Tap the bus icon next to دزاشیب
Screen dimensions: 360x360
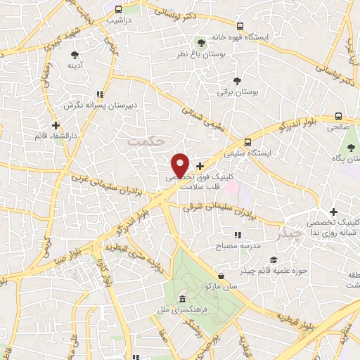click(x=118, y=10)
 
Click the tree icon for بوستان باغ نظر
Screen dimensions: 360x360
click(x=202, y=42)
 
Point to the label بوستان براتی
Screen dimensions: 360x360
click(x=236, y=92)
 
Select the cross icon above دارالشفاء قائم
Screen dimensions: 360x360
click(x=56, y=125)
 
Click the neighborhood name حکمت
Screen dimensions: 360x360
click(x=146, y=141)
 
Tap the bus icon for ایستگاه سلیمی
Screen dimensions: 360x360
click(x=247, y=141)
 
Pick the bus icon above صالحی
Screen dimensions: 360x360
click(x=338, y=117)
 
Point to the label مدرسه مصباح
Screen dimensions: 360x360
click(x=241, y=246)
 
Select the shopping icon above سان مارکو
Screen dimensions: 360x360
click(x=221, y=276)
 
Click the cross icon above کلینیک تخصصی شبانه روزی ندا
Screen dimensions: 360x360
click(x=334, y=212)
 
